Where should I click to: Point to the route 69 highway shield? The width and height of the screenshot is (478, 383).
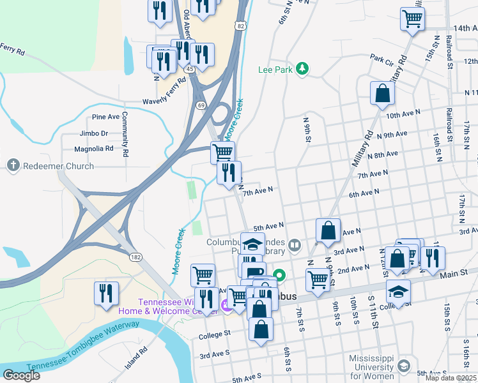coord(201,104)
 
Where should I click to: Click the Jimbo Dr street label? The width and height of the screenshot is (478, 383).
coord(94,134)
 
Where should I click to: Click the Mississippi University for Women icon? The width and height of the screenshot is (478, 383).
coord(403,366)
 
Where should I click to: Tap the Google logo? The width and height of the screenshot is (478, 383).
coord(21,375)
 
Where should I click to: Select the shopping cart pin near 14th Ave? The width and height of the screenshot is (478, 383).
coord(412,19)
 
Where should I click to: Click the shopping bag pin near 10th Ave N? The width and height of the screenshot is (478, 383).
coord(382,93)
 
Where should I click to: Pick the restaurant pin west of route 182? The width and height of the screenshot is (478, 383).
coord(106,293)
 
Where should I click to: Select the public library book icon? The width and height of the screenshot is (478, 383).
coord(294,243)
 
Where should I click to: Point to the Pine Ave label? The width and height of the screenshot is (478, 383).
coord(106,117)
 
